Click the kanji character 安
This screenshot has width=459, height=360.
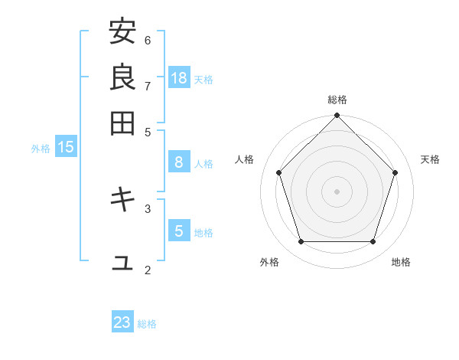(x=122, y=32)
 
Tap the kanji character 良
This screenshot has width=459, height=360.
(x=122, y=77)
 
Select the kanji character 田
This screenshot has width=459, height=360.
(x=122, y=123)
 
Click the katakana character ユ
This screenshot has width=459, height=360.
(x=122, y=263)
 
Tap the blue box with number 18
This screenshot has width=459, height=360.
(x=179, y=77)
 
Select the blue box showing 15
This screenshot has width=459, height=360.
(x=66, y=147)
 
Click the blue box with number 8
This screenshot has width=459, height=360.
(x=179, y=162)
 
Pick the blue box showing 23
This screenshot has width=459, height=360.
(x=122, y=322)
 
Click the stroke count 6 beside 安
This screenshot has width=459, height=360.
(x=148, y=40)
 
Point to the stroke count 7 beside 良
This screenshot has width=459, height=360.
(x=148, y=85)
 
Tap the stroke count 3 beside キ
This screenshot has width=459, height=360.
(x=148, y=208)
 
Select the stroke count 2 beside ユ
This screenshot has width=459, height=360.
(x=148, y=270)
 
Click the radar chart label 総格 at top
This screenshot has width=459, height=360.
(x=337, y=100)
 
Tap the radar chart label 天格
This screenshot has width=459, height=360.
(x=431, y=159)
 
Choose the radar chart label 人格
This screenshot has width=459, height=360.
(x=245, y=159)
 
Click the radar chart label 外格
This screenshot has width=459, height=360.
(x=269, y=262)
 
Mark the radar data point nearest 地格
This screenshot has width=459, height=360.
(x=373, y=241)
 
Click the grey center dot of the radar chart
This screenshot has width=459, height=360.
(x=337, y=191)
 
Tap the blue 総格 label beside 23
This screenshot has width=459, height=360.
(x=148, y=324)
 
